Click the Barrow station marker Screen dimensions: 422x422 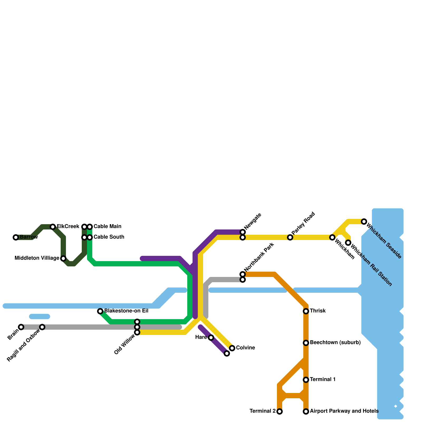[16, 237]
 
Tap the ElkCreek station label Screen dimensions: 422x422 [68, 227]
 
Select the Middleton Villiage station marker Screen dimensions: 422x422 [63, 258]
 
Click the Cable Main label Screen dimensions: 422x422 [107, 227]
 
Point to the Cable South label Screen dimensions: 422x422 [109, 237]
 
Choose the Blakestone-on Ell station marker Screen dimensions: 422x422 [100, 311]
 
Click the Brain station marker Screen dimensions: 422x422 [21, 327]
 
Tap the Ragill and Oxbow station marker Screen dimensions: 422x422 [42, 327]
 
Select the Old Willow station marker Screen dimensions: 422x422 [137, 332]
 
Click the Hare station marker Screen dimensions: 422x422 [211, 338]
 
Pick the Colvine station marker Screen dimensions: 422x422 [232, 348]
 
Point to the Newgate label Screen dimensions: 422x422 [252, 221]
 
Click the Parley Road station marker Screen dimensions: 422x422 [290, 237]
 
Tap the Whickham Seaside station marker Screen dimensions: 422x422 [364, 222]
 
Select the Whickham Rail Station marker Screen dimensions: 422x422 [348, 243]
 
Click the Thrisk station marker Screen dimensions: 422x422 [306, 311]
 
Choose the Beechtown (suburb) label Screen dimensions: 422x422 [335, 343]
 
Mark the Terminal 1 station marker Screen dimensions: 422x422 [306, 380]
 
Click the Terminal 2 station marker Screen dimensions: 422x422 [280, 411]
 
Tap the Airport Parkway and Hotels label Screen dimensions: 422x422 [344, 411]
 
